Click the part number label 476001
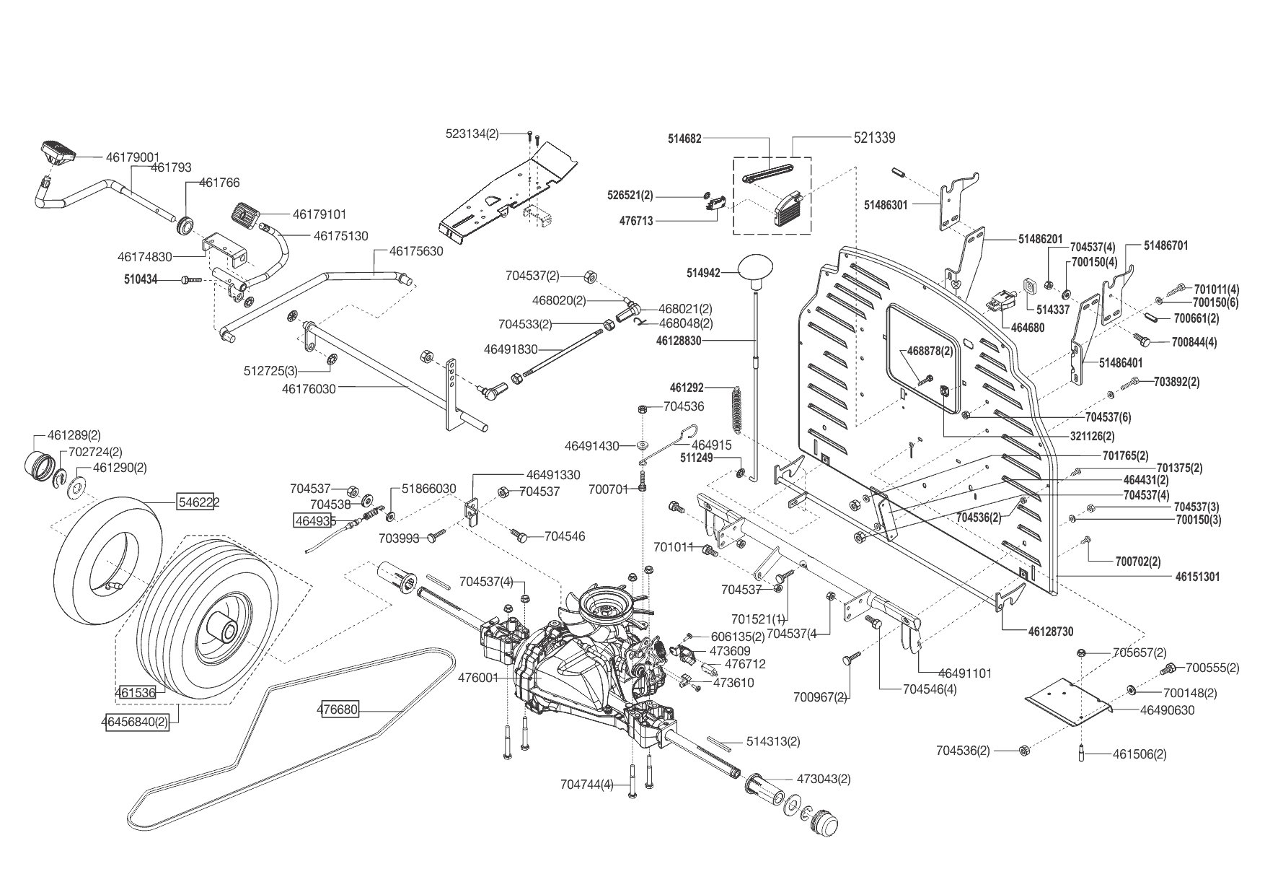click(x=478, y=678)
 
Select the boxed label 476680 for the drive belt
click(x=338, y=710)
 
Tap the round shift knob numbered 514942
click(x=755, y=274)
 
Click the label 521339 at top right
click(x=875, y=138)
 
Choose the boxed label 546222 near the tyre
click(x=199, y=502)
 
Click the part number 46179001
click(x=133, y=157)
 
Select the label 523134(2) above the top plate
click(x=472, y=134)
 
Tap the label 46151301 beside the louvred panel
click(x=1197, y=577)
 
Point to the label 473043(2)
click(x=824, y=779)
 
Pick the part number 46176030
click(x=309, y=388)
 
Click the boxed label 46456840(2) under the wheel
click(x=138, y=721)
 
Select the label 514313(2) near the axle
click(x=773, y=741)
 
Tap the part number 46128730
click(x=1051, y=632)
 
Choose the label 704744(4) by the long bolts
click(x=587, y=784)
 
